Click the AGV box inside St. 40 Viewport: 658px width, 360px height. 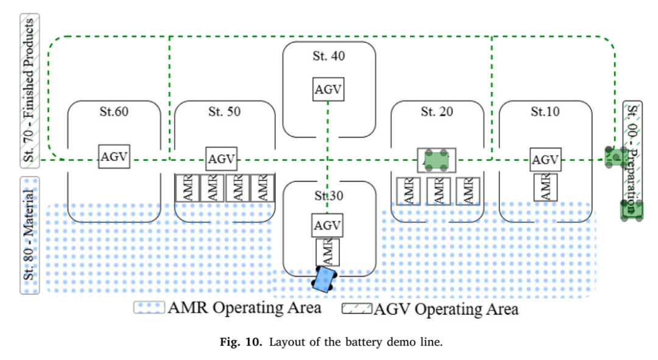click(x=328, y=89)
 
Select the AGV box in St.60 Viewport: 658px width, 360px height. click(x=114, y=157)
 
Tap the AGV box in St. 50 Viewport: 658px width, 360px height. click(x=221, y=158)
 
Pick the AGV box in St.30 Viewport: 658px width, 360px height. click(x=327, y=225)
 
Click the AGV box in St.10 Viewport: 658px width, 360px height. click(x=545, y=160)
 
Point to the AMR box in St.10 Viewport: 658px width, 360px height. click(x=545, y=187)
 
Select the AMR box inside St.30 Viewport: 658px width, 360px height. click(x=327, y=252)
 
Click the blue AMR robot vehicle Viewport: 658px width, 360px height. click(x=324, y=280)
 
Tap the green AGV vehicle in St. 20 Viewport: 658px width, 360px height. click(x=436, y=160)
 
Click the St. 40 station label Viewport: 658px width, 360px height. click(x=328, y=56)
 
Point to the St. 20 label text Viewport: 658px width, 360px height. click(x=437, y=111)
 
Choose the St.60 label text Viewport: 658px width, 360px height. click(x=114, y=111)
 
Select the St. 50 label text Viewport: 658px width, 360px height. click(x=224, y=111)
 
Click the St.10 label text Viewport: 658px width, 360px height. click(x=545, y=111)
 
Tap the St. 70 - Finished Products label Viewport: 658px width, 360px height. click(x=29, y=91)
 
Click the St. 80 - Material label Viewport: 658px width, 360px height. click(x=29, y=235)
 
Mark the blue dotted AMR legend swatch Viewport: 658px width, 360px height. click(x=149, y=308)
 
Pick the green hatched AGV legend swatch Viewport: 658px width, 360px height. click(x=356, y=309)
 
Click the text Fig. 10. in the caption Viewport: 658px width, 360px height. click(x=241, y=342)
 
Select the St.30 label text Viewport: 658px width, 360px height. click(x=328, y=196)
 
